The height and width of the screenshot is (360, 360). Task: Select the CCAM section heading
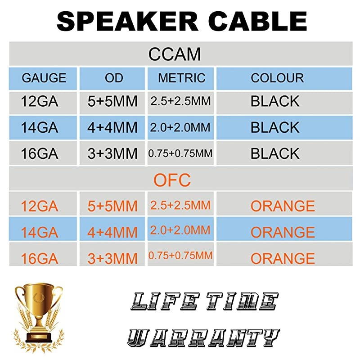coord(175,54)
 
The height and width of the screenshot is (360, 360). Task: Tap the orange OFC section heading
coord(172,180)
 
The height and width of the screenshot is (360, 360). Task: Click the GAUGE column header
coord(44,78)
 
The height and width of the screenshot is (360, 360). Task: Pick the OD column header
coord(114,78)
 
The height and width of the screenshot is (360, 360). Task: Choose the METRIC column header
coord(182,78)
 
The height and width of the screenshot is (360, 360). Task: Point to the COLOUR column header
coord(277,78)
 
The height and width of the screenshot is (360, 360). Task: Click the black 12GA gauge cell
coord(40,101)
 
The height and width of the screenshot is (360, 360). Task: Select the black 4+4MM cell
coord(112,127)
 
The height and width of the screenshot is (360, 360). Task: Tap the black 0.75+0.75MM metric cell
coord(180,154)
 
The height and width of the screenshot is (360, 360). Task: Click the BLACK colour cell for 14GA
coord(275,127)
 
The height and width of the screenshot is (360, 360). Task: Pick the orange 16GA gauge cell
coord(40,258)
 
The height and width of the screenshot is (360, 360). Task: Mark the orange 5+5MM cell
coord(112,206)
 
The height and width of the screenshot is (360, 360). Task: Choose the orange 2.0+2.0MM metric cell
coord(179,231)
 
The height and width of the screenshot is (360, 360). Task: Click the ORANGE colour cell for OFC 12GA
coord(283,206)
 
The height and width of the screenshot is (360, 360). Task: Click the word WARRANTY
coord(202,337)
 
